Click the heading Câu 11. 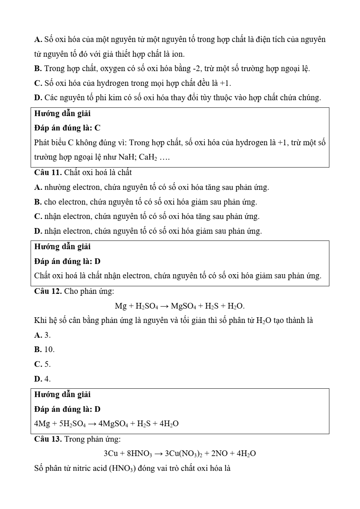(48, 173)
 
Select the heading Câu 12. (48, 291)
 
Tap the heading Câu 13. (48, 439)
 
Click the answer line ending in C (67, 128)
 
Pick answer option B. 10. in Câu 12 (44, 349)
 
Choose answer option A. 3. (42, 335)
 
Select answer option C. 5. (42, 364)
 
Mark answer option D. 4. (42, 379)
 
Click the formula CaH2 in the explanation (148, 157)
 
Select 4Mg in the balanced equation (42, 424)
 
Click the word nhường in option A (57, 188)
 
